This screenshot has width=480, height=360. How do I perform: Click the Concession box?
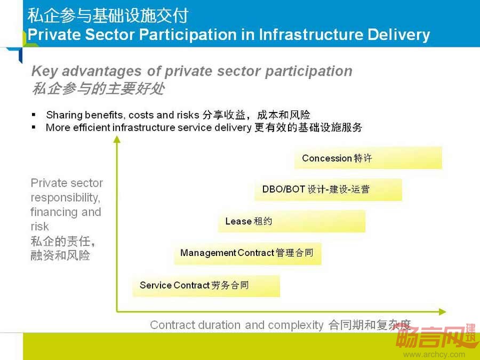(368, 158)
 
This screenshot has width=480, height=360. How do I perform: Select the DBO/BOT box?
(328, 190)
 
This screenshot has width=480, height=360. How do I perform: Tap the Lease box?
(292, 221)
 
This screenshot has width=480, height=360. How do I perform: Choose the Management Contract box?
(247, 253)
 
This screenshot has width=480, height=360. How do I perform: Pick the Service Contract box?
(206, 286)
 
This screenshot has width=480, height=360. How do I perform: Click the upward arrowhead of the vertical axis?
(117, 140)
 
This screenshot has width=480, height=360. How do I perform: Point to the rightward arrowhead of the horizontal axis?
(442, 311)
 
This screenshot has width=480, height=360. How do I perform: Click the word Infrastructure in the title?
(311, 34)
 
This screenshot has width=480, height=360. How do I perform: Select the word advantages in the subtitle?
(102, 71)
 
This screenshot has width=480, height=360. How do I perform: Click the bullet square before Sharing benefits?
(34, 115)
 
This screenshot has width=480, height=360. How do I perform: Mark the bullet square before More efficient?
(34, 127)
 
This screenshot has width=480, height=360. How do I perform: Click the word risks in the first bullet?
(188, 115)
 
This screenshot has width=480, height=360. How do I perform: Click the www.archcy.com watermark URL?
(434, 355)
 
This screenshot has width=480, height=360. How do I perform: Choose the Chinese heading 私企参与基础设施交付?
(108, 15)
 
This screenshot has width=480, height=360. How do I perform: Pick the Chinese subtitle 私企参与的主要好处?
(98, 89)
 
